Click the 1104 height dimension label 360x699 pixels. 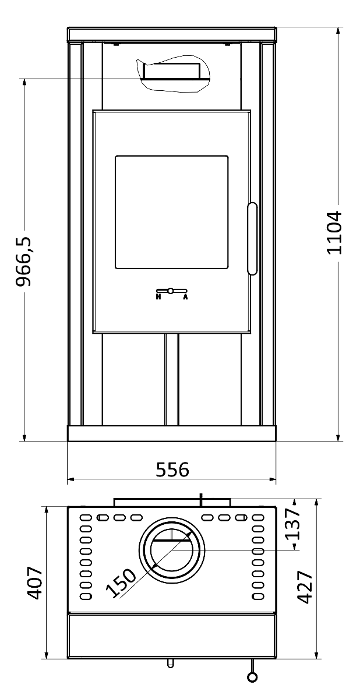click(x=335, y=233)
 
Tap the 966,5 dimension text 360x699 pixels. click(x=24, y=261)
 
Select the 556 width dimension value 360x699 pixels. click(x=172, y=469)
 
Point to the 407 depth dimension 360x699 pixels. click(x=34, y=583)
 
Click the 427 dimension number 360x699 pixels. click(x=305, y=587)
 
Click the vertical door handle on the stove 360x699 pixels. click(x=252, y=239)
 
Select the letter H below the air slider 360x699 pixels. click(x=158, y=296)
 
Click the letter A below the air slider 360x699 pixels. click(x=185, y=296)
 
